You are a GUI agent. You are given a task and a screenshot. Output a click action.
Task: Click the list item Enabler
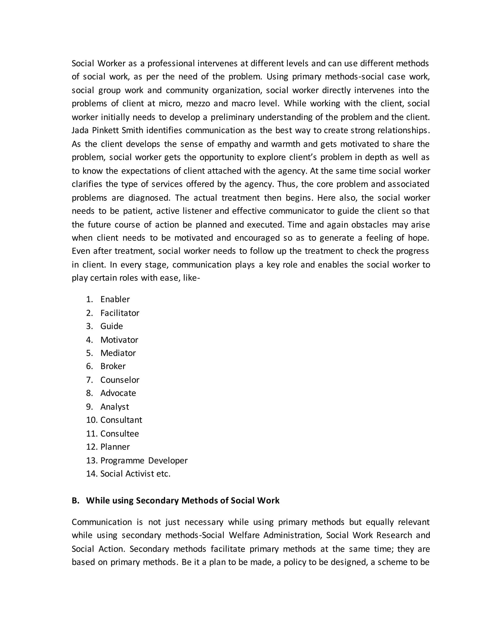pyautogui.click(x=115, y=299)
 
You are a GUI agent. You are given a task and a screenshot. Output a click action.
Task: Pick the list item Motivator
pyautogui.click(x=119, y=339)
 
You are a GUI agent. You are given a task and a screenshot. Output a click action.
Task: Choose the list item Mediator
pyautogui.click(x=118, y=353)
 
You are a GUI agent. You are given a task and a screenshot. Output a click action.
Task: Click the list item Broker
pyautogui.click(x=113, y=366)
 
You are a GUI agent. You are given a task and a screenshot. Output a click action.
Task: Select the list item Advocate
pyautogui.click(x=118, y=393)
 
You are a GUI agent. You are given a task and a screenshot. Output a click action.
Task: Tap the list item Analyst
pyautogui.click(x=115, y=407)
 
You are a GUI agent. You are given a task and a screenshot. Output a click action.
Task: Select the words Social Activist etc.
pyautogui.click(x=135, y=473)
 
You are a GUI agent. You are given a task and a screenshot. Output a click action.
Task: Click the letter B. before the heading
pyautogui.click(x=76, y=500)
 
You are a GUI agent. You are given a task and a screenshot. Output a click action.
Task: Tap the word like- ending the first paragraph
pyautogui.click(x=191, y=278)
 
